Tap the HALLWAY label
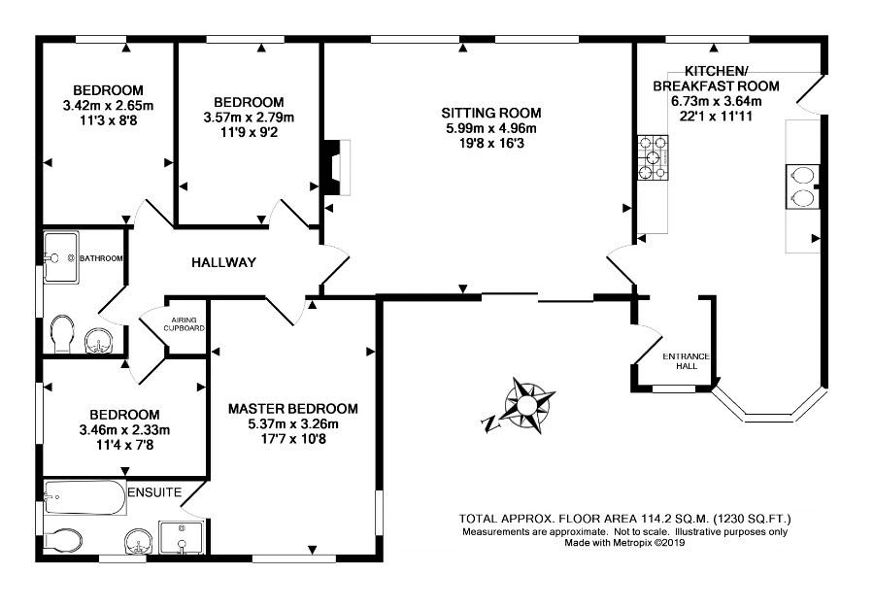[223, 262]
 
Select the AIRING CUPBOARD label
[184, 324]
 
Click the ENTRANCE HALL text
[687, 361]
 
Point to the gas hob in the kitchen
[653, 158]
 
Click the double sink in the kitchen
[802, 186]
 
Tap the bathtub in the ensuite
[84, 496]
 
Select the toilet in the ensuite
[63, 540]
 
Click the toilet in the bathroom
[61, 334]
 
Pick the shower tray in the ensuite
[182, 538]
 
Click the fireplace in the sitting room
[337, 167]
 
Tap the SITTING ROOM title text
[491, 113]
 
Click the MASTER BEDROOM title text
[293, 409]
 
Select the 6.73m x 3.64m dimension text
[717, 101]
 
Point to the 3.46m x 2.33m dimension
[125, 430]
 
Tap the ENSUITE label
[155, 492]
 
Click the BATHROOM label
[101, 258]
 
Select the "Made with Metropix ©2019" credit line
[624, 542]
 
